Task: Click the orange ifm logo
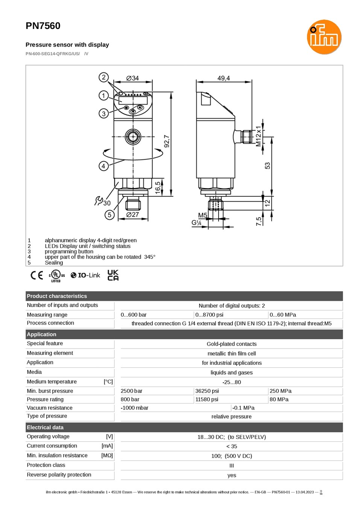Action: [x=324, y=37]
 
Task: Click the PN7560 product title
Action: [x=43, y=26]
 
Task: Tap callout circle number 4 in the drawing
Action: [x=103, y=166]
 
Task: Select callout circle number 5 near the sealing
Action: [x=109, y=215]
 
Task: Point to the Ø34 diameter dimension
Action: [x=132, y=78]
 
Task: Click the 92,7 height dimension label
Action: [x=167, y=141]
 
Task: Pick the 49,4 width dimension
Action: [x=223, y=78]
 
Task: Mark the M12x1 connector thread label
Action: [x=258, y=136]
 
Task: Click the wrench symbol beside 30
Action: [x=99, y=201]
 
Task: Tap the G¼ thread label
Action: [x=196, y=223]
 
